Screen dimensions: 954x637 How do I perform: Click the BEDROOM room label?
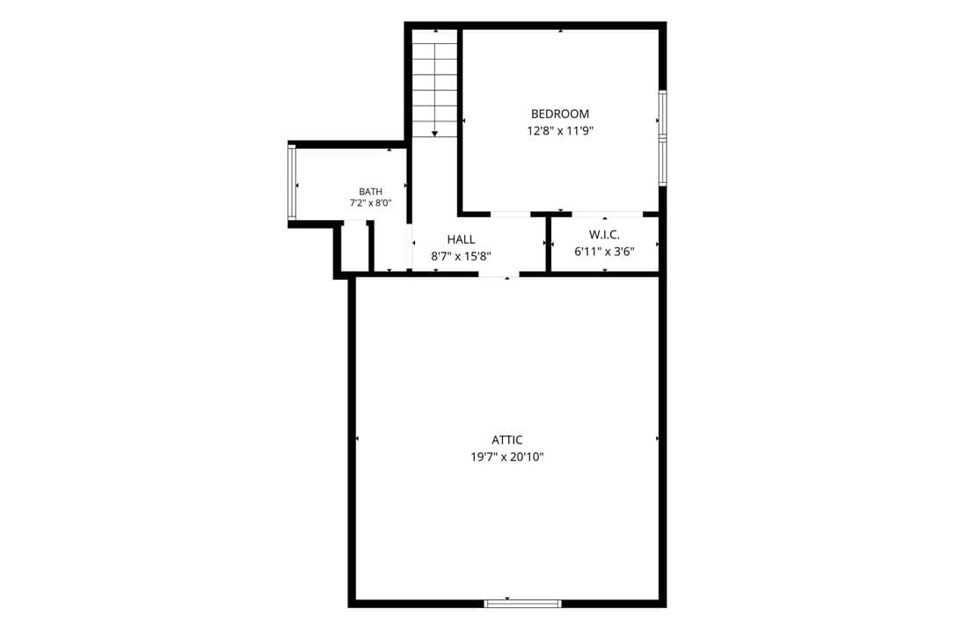coord(560,113)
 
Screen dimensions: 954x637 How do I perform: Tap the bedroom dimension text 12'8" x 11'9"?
coord(560,130)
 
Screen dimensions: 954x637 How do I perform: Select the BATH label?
coord(370,192)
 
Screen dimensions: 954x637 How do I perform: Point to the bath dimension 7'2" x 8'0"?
coord(370,203)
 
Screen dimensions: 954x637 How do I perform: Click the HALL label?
coord(462,240)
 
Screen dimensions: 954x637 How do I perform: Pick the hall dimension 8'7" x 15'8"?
coord(462,256)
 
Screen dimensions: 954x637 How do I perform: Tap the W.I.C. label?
coord(604,235)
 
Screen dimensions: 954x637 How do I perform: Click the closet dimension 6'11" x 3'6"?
coord(604,252)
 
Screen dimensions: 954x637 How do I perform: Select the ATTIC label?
coord(506,440)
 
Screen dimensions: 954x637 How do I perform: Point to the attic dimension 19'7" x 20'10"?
coord(506,458)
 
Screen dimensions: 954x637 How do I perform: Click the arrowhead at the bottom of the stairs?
coord(434,134)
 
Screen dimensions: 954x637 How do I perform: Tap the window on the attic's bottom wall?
coord(522,604)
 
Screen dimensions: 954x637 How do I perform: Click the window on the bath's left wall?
coord(291,182)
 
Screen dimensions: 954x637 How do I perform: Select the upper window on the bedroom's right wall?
coord(663,115)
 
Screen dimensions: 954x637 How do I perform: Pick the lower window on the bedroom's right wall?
coord(663,162)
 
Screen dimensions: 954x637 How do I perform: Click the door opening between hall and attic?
coord(499,275)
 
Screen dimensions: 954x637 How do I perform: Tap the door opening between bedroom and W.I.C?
coord(608,215)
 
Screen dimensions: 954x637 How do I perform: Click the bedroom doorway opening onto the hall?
coord(511,215)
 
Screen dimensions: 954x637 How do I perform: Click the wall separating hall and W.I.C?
coord(548,243)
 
